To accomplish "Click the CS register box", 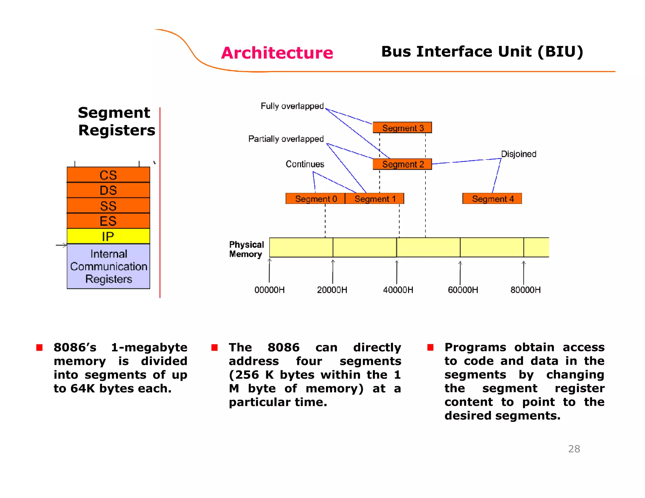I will (x=108, y=175).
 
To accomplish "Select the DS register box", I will (x=108, y=190).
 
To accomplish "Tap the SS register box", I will (x=108, y=206).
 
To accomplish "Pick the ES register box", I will (x=108, y=221).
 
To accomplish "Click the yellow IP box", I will (x=108, y=236).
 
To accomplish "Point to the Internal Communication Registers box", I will (x=108, y=266).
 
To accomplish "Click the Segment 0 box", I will (x=315, y=199).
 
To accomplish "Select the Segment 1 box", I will (x=374, y=199).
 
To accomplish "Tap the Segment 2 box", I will (x=402, y=164).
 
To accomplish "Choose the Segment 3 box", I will (x=402, y=127).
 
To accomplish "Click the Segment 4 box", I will (x=492, y=199).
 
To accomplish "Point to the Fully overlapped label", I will (x=292, y=106).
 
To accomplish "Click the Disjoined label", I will (x=518, y=154).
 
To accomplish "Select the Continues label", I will (x=305, y=164).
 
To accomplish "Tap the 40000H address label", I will (x=398, y=290).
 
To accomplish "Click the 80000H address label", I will (x=525, y=290).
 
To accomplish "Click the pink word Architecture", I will (x=277, y=53).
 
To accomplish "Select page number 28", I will (x=574, y=449).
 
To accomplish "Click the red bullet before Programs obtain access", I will (x=430, y=347).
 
